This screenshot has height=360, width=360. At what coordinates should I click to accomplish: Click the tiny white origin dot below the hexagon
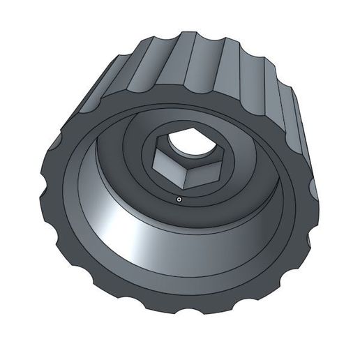(x=179, y=199)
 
